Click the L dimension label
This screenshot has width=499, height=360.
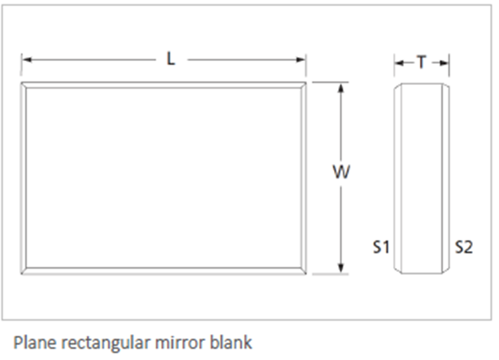(171, 59)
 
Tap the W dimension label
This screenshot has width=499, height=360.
(341, 172)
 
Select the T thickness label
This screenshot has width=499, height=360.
(422, 62)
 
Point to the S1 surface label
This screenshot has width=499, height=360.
(381, 247)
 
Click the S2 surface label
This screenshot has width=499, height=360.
(464, 247)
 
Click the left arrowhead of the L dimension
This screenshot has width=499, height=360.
(27, 60)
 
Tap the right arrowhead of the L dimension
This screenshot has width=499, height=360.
(300, 60)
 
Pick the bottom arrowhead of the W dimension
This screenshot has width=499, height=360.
(341, 269)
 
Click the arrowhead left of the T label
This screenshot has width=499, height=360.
(399, 63)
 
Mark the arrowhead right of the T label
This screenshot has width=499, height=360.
(444, 63)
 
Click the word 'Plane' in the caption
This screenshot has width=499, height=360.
(34, 343)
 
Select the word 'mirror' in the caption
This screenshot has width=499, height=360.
(180, 343)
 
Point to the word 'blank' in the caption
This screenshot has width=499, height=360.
(231, 342)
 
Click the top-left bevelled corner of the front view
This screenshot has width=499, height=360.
(24, 85)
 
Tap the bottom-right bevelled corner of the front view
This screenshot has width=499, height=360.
(304, 271)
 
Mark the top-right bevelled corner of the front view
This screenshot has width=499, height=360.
(304, 85)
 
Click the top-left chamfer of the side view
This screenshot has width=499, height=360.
(398, 86)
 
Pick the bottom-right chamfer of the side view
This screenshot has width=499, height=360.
(446, 270)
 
